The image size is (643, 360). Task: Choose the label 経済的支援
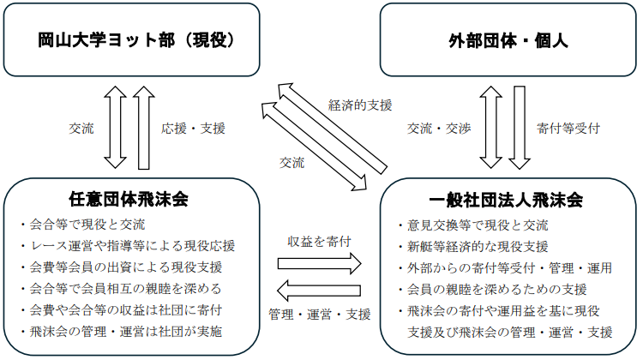click(360, 105)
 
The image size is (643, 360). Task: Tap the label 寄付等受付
click(568, 129)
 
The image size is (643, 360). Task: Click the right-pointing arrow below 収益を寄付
click(319, 263)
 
